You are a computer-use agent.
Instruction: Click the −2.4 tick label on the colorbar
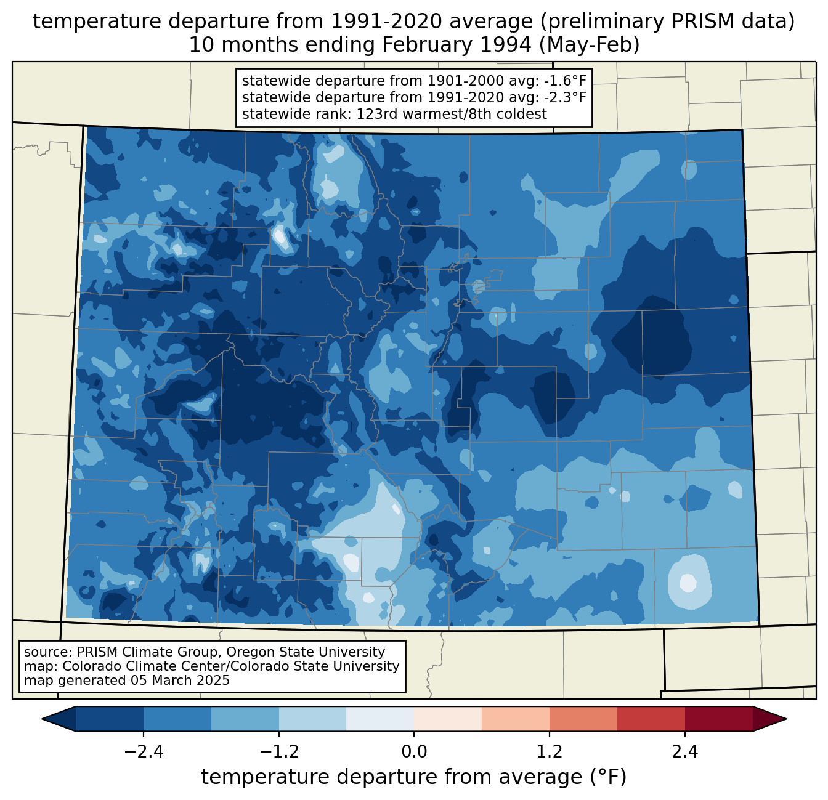pyautogui.click(x=144, y=752)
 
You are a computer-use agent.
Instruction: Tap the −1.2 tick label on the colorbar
pyautogui.click(x=279, y=752)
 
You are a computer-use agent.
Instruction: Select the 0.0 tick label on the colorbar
pyautogui.click(x=414, y=752)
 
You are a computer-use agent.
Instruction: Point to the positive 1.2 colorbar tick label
pyautogui.click(x=550, y=752)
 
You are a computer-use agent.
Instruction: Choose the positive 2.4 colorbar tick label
pyautogui.click(x=684, y=752)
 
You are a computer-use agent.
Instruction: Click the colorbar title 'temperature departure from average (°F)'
pyautogui.click(x=414, y=777)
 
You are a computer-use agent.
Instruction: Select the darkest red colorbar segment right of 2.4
pyautogui.click(x=718, y=719)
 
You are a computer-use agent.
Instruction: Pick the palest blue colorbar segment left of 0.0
pyautogui.click(x=380, y=719)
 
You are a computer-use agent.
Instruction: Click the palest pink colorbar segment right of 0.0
pyautogui.click(x=448, y=719)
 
